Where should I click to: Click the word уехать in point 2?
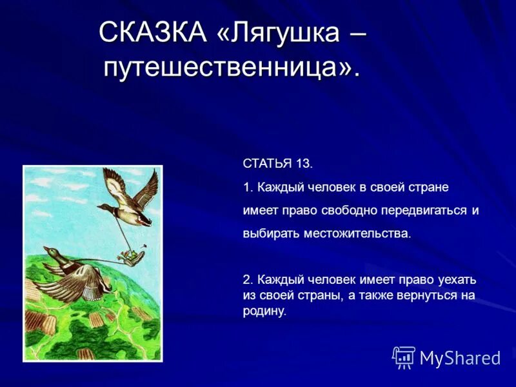point(457,279)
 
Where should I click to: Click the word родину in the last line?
point(263,311)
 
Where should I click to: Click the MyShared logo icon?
point(404,357)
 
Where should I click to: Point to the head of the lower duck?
point(50,250)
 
